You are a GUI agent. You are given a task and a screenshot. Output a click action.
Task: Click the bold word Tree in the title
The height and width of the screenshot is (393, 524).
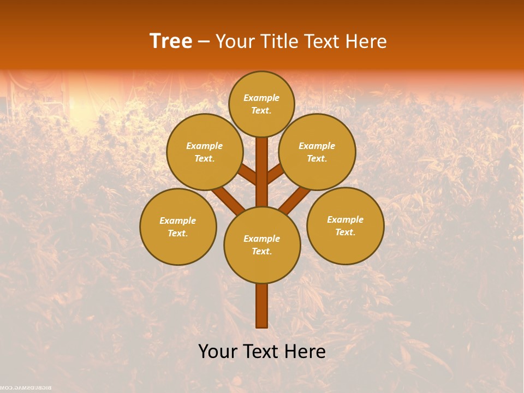coord(171,41)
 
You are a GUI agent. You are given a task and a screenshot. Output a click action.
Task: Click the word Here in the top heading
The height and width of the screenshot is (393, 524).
coord(365,41)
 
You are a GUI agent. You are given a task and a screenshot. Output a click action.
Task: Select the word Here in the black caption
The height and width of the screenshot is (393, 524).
coord(305,352)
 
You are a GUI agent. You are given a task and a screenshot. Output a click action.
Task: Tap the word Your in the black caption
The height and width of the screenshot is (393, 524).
coord(218,352)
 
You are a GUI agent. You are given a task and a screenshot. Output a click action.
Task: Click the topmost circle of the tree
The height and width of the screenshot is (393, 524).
coord(261,104)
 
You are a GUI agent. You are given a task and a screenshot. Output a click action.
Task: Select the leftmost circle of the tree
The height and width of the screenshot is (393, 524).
coord(178,227)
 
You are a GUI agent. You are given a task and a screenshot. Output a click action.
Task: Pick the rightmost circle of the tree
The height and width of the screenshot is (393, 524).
coord(345,225)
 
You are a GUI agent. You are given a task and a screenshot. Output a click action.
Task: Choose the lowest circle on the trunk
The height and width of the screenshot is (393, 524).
coord(262,245)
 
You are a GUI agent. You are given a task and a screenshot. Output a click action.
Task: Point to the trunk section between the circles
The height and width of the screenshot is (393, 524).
coord(262,172)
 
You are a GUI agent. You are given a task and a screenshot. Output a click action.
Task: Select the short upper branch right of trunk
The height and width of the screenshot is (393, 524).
coord(276,174)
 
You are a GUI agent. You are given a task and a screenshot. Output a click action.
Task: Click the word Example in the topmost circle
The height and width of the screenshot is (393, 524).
coord(261,98)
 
